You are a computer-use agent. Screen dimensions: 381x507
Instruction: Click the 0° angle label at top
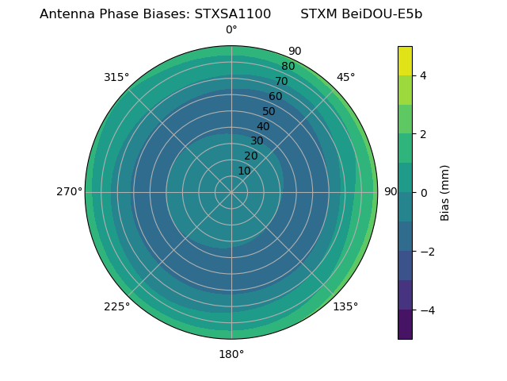pos(231,30)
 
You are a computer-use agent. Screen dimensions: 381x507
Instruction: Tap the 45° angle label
pos(345,77)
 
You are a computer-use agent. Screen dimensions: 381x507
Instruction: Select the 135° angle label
pos(345,306)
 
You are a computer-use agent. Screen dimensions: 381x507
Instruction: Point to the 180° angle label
pos(231,354)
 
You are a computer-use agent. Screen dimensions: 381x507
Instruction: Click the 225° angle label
pos(116,306)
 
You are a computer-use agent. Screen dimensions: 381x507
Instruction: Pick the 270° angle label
pos(69,191)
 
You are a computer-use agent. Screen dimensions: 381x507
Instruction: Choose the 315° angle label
pos(116,77)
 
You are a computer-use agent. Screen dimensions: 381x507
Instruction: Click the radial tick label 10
pos(245,171)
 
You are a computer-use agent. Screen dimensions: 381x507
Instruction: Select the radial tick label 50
pos(269,111)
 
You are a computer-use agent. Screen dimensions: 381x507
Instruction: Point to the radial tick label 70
pos(281,81)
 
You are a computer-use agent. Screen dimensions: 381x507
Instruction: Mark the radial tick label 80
pos(288,66)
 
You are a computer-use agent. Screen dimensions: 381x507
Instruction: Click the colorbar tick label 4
pos(424,75)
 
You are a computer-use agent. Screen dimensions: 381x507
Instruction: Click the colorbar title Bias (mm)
pos(445,192)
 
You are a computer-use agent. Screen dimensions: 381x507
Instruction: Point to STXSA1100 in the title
pos(233,14)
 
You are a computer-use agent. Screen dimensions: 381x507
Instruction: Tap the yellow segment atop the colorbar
pos(405,60)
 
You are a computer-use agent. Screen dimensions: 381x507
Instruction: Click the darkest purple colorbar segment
pos(405,325)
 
